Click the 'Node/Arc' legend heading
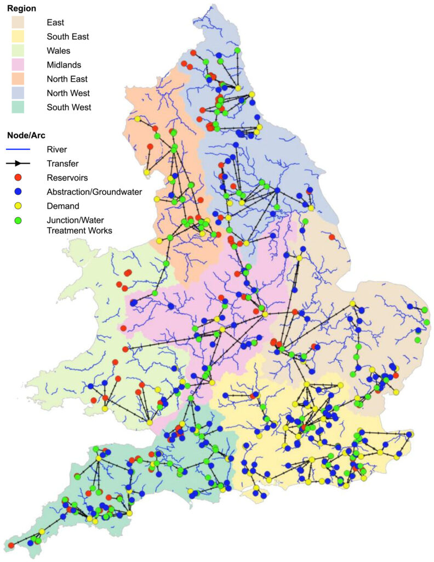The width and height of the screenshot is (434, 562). (x=26, y=135)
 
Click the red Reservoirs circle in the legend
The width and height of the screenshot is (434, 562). (x=18, y=177)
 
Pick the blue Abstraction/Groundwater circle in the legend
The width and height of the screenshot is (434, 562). (x=18, y=192)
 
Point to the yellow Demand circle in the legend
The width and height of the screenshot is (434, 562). (x=18, y=206)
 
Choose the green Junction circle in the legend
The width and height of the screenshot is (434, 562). (x=18, y=220)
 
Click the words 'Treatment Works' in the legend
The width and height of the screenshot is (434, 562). (x=79, y=231)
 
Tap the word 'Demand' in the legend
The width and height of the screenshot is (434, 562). (x=63, y=206)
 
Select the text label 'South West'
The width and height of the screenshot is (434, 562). (x=69, y=107)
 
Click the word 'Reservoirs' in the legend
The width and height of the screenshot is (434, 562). (x=67, y=177)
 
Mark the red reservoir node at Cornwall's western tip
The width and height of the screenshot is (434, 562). (x=10, y=545)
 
